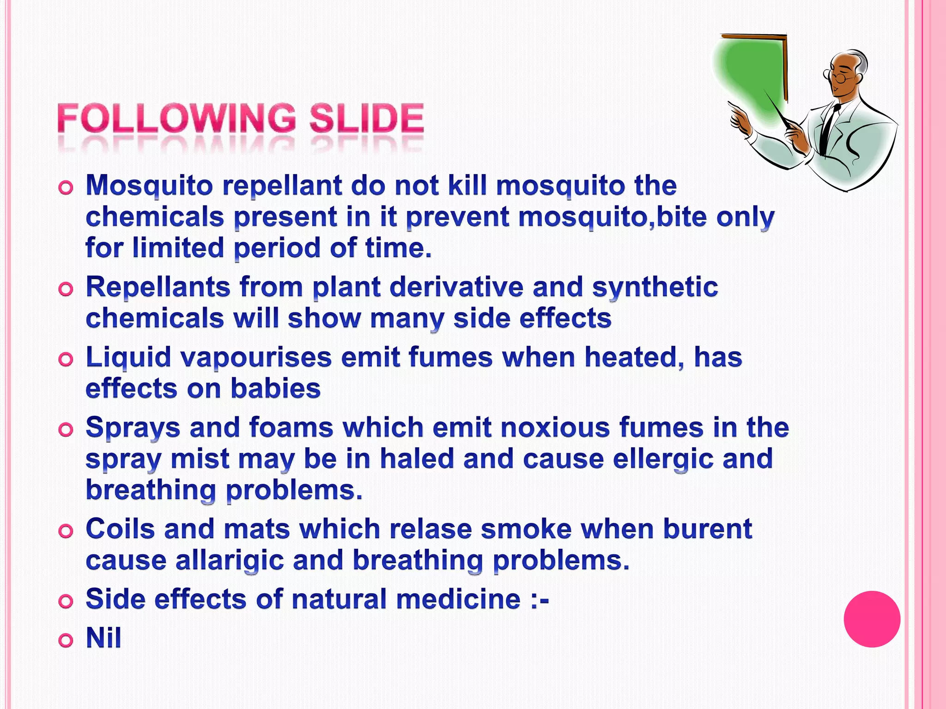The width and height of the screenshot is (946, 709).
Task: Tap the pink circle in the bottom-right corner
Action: point(872,619)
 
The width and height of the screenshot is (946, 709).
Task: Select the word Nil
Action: point(103,638)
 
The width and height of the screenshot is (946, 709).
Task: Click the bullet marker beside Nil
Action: point(66,640)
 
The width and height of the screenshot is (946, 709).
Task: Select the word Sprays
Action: point(133,428)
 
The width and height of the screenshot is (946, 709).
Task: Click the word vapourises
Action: point(256,358)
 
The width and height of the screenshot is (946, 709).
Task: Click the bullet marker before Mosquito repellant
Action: point(66,188)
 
